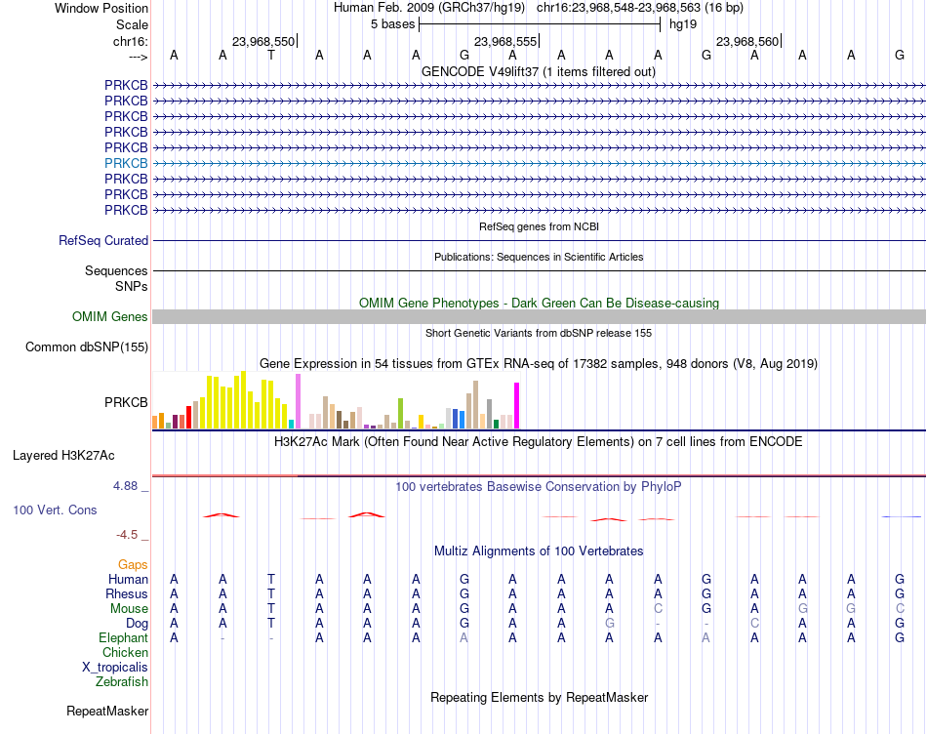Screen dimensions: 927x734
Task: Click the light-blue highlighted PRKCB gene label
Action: pos(126,163)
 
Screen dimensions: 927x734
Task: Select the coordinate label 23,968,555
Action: pos(505,41)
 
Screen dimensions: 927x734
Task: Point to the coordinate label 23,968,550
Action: pos(263,41)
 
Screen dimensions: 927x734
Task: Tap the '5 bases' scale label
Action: pos(392,24)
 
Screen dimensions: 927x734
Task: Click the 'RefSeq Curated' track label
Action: pos(103,241)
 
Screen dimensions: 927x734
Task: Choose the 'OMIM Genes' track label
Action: pos(110,316)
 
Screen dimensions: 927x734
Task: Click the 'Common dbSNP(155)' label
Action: pos(86,347)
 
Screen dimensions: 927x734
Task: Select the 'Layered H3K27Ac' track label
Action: pos(63,456)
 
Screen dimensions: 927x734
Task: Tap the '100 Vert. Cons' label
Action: pos(55,510)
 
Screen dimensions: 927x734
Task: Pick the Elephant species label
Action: pos(123,637)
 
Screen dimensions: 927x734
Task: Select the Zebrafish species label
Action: pos(122,682)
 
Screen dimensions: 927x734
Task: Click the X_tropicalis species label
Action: pos(115,668)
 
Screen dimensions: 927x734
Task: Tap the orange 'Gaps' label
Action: pos(133,565)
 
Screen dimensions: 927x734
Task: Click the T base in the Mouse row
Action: pos(270,609)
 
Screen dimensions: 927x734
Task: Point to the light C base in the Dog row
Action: pos(754,624)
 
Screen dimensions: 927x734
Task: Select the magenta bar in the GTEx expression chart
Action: pos(517,406)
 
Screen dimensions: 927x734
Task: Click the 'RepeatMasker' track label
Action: pos(107,711)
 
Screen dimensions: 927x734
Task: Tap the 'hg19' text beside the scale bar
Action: pos(683,24)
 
